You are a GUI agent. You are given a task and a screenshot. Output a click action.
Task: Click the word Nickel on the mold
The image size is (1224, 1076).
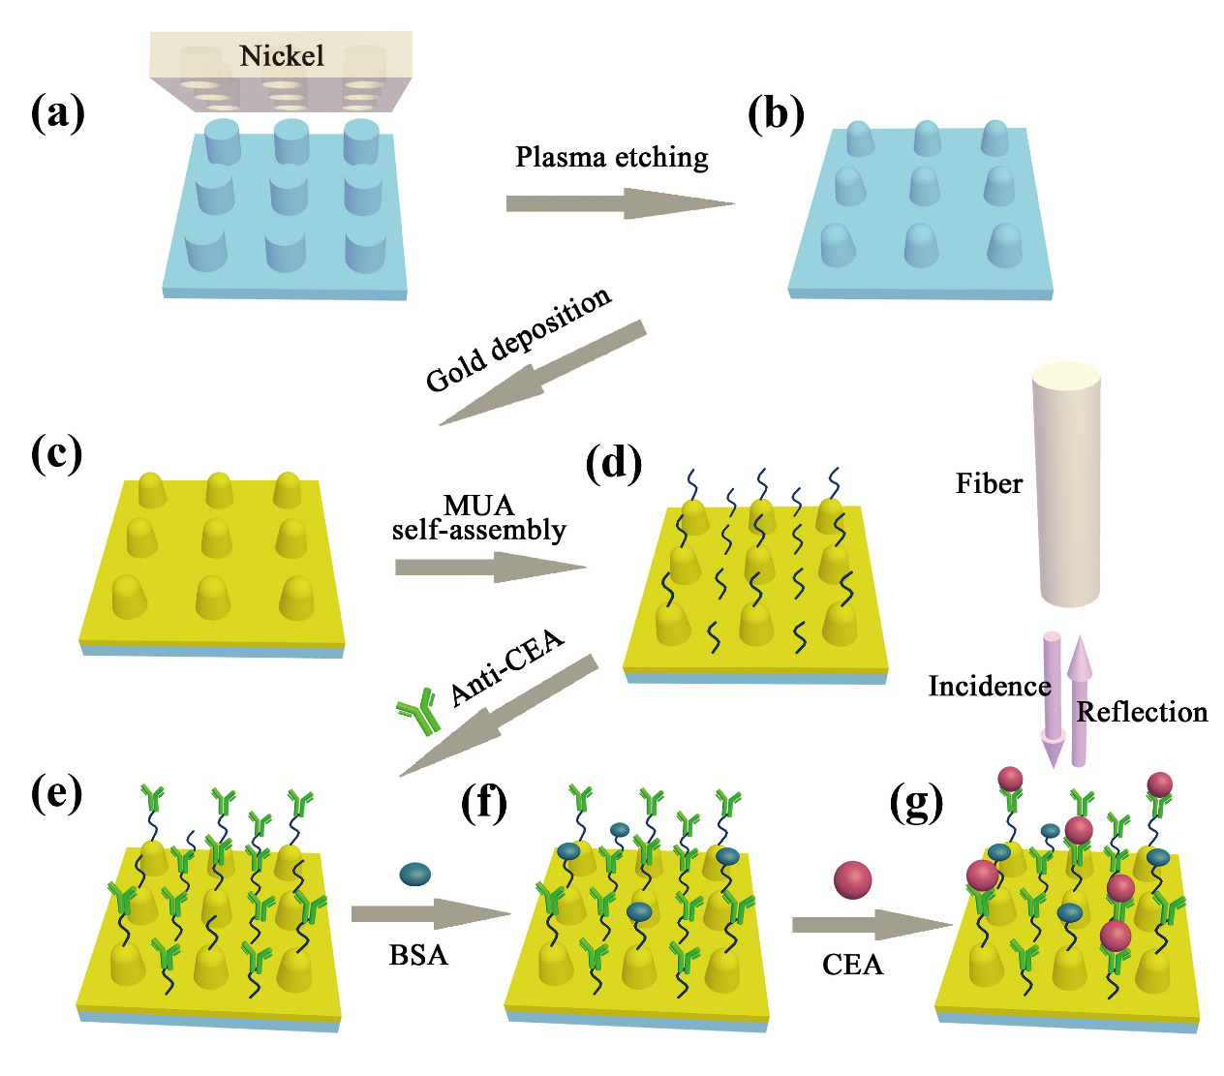tap(282, 55)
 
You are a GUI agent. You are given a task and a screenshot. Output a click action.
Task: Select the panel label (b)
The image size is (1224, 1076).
tap(777, 114)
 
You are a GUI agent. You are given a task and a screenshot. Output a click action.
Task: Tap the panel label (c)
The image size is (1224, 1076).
tap(57, 453)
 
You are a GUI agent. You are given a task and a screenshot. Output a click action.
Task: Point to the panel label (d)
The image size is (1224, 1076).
tap(614, 464)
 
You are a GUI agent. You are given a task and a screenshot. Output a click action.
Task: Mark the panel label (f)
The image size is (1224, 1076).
tap(484, 803)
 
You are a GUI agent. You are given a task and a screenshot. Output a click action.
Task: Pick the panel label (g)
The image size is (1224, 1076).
tap(916, 803)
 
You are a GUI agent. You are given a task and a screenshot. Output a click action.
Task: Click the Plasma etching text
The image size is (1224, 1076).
tap(611, 157)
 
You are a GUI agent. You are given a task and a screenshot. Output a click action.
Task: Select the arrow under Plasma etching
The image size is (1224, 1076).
tap(620, 203)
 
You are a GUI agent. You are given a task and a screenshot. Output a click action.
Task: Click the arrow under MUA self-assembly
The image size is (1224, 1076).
tap(490, 567)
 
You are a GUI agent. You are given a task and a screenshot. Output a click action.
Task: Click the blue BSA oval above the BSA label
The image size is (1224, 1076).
tap(415, 874)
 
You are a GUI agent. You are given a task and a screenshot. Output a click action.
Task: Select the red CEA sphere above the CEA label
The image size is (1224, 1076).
tap(852, 880)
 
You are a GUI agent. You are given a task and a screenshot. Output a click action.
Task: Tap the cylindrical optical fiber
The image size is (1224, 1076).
tap(1067, 484)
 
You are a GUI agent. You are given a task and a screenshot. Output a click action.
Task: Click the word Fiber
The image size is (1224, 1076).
tap(989, 483)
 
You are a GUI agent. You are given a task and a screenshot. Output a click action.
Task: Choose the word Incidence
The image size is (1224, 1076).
tap(989, 687)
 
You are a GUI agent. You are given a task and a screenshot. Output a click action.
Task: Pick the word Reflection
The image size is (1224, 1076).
tap(1142, 713)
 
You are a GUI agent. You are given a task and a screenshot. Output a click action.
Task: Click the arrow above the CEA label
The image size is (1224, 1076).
tap(872, 925)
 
